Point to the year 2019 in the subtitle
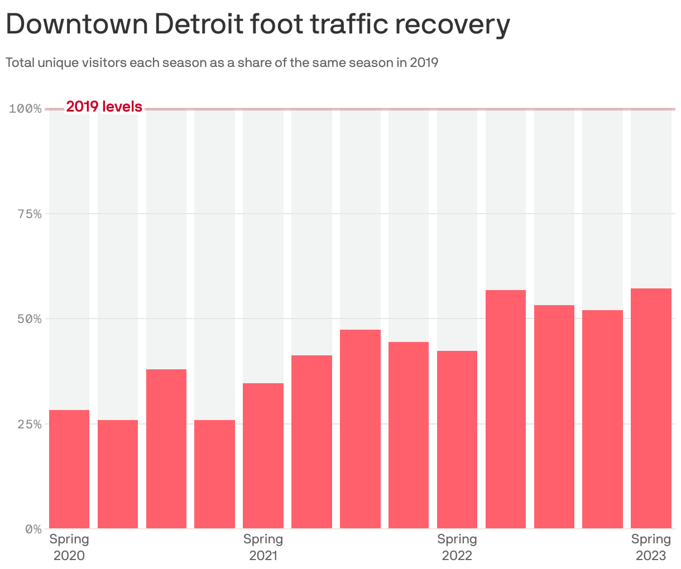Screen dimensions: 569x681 424,62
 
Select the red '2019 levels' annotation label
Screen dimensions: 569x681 104,107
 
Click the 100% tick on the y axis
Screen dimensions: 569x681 26,108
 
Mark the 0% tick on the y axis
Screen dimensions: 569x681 32,529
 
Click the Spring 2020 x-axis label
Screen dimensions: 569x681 69,547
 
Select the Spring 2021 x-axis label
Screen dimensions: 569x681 263,547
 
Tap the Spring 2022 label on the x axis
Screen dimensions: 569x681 457,547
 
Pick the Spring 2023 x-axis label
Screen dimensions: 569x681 651,547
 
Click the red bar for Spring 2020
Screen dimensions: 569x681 69,469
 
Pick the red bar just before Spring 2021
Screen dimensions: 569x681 214,474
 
